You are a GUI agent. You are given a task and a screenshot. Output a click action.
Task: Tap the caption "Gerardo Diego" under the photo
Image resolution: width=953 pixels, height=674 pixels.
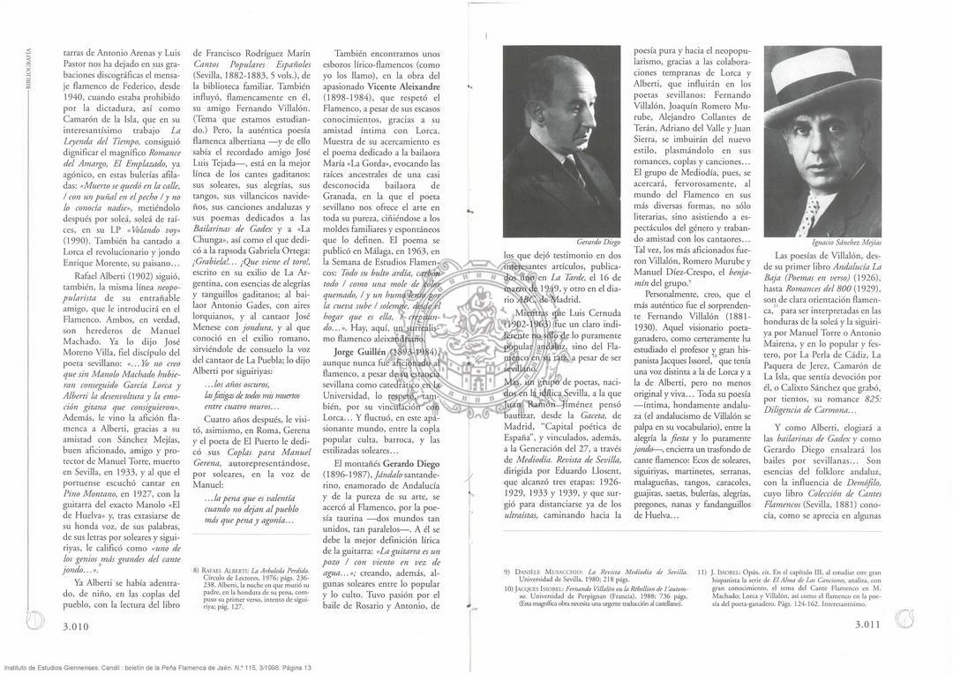[597, 241]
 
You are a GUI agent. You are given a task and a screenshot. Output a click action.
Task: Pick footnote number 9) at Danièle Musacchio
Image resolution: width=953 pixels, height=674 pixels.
[507, 571]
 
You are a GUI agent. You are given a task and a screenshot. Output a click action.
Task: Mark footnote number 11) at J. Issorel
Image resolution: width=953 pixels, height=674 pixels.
[702, 571]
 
